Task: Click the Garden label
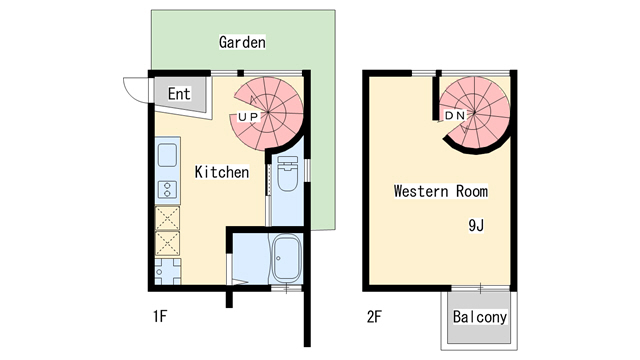click(242, 42)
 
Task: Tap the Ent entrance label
click(179, 95)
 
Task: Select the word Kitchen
click(221, 172)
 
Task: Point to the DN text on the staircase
click(455, 116)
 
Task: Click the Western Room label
click(440, 190)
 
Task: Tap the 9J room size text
click(476, 224)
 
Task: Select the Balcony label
click(480, 318)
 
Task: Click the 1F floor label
click(159, 318)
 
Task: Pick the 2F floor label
click(374, 318)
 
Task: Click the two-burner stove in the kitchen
click(166, 188)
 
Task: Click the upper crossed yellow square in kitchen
click(167, 218)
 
